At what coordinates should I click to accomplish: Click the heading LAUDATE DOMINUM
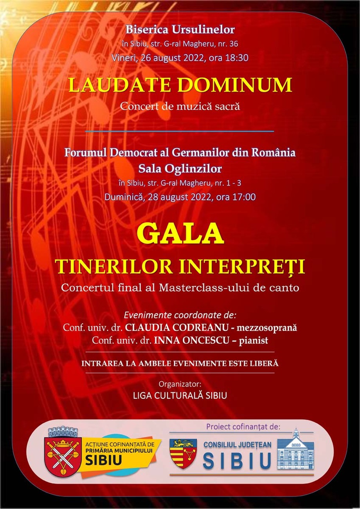coord(180,85)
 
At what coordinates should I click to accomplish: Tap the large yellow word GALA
coord(180,235)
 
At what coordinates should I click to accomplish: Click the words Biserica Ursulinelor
coord(180,29)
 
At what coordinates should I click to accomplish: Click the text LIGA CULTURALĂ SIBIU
coord(180,395)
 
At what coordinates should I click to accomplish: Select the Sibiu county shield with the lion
coord(182,453)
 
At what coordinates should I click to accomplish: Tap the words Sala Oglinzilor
coord(180,168)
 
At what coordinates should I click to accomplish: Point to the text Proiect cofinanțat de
coord(243,427)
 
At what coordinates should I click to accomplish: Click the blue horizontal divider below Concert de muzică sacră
coord(180,132)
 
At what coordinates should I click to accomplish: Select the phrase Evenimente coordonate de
coord(180,315)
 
